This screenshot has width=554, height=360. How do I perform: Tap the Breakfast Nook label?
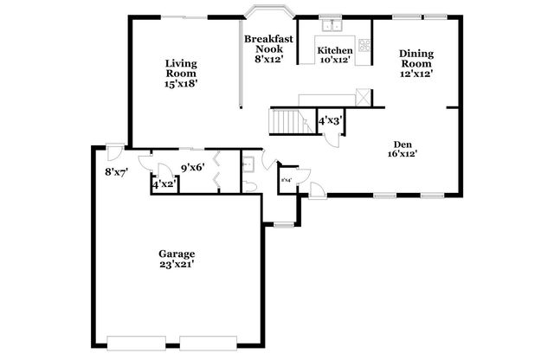coord(267,44)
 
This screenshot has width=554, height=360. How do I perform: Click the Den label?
coord(403,145)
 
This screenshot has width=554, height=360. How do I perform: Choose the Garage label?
coord(176,254)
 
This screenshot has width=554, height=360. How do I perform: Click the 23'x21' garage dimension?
coord(176,265)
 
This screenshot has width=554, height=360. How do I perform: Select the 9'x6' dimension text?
coord(192,167)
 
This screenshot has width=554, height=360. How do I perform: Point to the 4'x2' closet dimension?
coord(164,184)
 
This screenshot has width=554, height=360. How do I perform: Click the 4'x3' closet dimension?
coord(330,122)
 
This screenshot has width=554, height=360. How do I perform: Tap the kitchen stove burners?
coord(364,44)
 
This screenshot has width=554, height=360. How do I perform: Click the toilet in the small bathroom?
coord(248,185)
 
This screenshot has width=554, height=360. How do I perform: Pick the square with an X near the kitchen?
coord(364,97)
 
